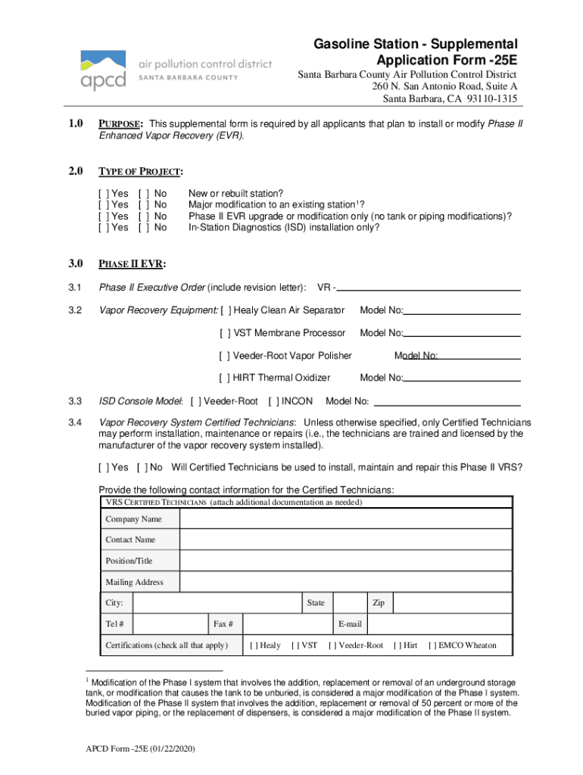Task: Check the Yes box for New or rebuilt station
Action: point(103,194)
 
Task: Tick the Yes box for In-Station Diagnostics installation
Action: point(103,227)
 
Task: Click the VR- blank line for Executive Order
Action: point(432,288)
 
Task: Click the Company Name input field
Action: point(345,518)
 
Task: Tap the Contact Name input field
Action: point(345,540)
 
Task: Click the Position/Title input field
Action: point(345,561)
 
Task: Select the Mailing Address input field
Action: point(345,582)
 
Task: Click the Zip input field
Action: point(452,603)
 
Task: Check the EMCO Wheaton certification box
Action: point(433,646)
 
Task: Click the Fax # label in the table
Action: point(223,624)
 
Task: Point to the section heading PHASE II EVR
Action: point(132,264)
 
